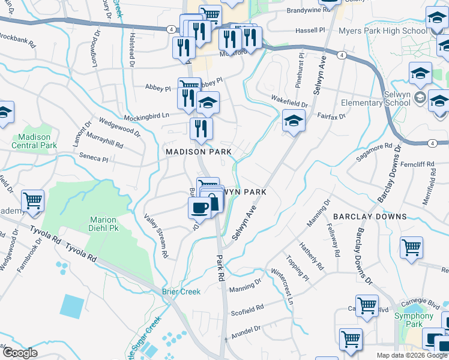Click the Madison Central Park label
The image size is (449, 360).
coord(34,141)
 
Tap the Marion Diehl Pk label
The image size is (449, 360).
coord(103,224)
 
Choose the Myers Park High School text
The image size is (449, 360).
coord(383,31)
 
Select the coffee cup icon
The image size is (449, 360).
coord(199,208)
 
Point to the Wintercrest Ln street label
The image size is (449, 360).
coord(282,287)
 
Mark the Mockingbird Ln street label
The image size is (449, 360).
coord(147,116)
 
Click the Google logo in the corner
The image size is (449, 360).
coord(20,353)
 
